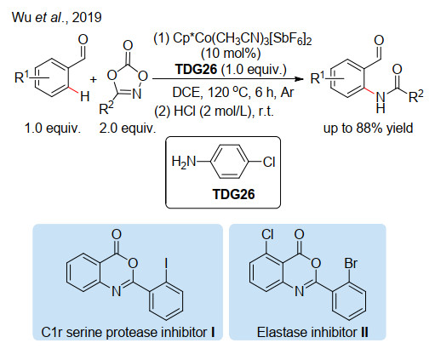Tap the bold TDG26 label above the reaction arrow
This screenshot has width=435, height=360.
click(x=196, y=69)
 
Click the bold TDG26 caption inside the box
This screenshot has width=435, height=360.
click(x=233, y=194)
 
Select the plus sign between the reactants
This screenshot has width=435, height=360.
click(x=94, y=80)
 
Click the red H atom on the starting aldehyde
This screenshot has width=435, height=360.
click(x=85, y=96)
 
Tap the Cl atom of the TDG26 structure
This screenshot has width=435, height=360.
click(x=269, y=163)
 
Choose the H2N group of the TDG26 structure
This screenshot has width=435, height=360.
click(x=184, y=163)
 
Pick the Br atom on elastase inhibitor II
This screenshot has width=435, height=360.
click(x=351, y=263)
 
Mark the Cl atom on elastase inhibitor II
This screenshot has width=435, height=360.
click(x=267, y=235)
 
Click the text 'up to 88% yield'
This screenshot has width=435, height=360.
click(x=368, y=129)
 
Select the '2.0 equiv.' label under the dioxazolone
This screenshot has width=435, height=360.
click(x=128, y=129)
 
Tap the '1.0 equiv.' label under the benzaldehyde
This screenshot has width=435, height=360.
click(x=53, y=129)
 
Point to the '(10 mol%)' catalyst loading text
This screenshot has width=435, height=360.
click(x=231, y=54)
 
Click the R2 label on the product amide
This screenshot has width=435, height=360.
click(x=415, y=96)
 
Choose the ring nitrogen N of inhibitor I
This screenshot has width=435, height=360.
click(x=117, y=291)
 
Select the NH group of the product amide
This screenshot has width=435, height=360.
click(x=381, y=102)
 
